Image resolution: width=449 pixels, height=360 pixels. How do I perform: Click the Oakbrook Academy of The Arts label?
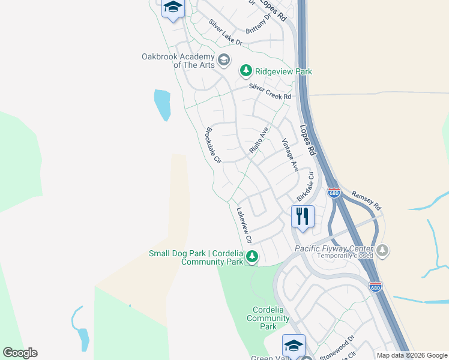(x=178, y=61)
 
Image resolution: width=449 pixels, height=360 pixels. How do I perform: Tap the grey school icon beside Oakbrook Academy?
(x=224, y=59)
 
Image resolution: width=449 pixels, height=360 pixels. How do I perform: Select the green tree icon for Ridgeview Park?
(x=246, y=71)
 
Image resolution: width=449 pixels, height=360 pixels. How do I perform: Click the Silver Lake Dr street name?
(x=224, y=33)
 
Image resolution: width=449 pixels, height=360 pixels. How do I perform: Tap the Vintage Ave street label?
(x=290, y=155)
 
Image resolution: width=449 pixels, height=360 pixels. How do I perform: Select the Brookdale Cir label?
(x=214, y=145)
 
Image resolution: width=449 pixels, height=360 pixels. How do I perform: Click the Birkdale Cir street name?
(x=306, y=187)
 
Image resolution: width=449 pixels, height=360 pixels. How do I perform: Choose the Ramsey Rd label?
(x=366, y=200)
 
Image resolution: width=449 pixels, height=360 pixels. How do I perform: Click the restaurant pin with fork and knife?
(x=303, y=216)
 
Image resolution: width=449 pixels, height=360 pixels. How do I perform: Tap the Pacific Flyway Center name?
(x=334, y=248)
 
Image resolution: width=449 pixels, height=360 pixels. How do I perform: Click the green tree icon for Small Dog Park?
(x=253, y=256)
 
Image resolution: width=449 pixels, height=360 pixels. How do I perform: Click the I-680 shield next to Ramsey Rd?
(x=334, y=193)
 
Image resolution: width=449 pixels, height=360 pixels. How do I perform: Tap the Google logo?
(x=20, y=353)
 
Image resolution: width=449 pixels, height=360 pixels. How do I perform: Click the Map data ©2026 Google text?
(x=412, y=355)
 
